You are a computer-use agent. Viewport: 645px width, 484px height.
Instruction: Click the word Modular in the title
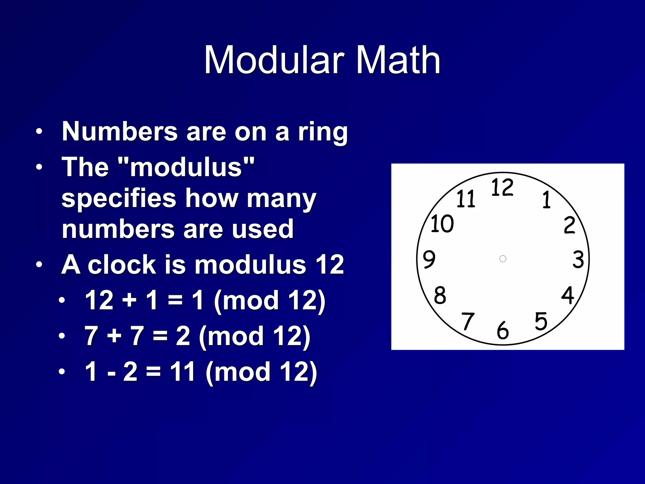[x=273, y=60]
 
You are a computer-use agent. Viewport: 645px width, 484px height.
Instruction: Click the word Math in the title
[x=398, y=60]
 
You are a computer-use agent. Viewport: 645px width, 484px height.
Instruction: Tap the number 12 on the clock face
[x=502, y=187]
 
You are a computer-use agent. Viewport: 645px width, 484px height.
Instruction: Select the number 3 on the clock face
[x=578, y=260]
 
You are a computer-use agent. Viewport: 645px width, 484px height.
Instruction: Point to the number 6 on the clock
[x=503, y=331]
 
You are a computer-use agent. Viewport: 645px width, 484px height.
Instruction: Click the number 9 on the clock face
[x=429, y=259]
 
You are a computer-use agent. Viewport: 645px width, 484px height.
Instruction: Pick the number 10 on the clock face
[x=442, y=224]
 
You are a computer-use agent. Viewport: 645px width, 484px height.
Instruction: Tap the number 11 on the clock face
[x=466, y=199]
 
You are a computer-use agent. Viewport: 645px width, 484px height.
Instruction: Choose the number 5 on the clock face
[x=541, y=321]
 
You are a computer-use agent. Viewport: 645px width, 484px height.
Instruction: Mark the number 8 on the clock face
[x=440, y=296]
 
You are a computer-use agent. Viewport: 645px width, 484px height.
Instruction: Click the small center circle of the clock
[x=503, y=259]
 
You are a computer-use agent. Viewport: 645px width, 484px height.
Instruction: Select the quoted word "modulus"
[x=186, y=167]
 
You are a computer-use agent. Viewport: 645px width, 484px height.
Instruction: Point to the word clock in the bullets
[x=122, y=265]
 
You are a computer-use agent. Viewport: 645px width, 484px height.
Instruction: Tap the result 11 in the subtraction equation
[x=183, y=372]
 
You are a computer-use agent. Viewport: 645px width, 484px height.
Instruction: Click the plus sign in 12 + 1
[x=129, y=300]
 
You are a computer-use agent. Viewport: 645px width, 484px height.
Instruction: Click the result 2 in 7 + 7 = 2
[x=183, y=336]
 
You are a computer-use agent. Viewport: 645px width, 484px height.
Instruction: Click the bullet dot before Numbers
[x=39, y=131]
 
